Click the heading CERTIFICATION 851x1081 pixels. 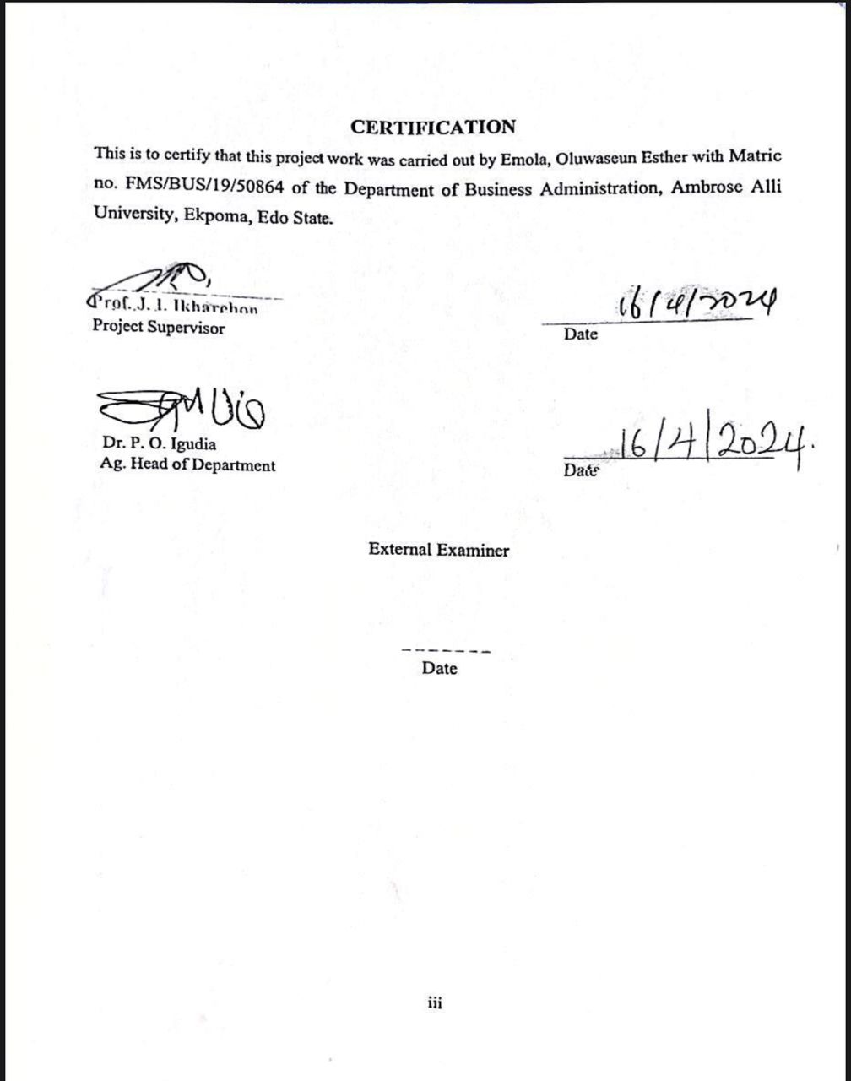[x=433, y=128]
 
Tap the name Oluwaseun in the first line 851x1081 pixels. [x=600, y=157]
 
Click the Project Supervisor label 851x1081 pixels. [x=159, y=328]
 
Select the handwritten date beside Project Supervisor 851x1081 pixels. [x=697, y=303]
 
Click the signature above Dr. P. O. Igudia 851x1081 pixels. [x=182, y=410]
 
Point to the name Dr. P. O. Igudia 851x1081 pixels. [x=159, y=444]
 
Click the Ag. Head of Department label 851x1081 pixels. [x=187, y=464]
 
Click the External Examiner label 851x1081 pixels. [x=438, y=551]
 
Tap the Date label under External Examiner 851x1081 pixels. [x=440, y=669]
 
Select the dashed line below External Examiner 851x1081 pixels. [x=447, y=651]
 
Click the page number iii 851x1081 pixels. [x=435, y=1003]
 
